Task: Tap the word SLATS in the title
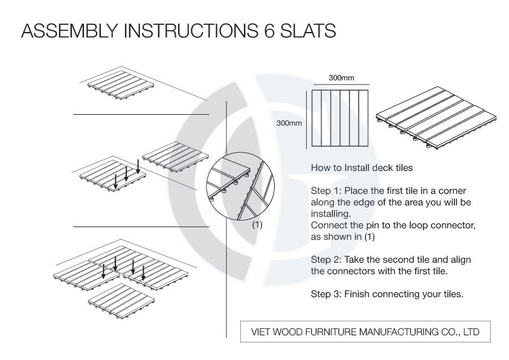(303, 31)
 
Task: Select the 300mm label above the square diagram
(341, 79)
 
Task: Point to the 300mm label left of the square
(289, 123)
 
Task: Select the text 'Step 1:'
(325, 190)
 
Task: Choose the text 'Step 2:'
(325, 259)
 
